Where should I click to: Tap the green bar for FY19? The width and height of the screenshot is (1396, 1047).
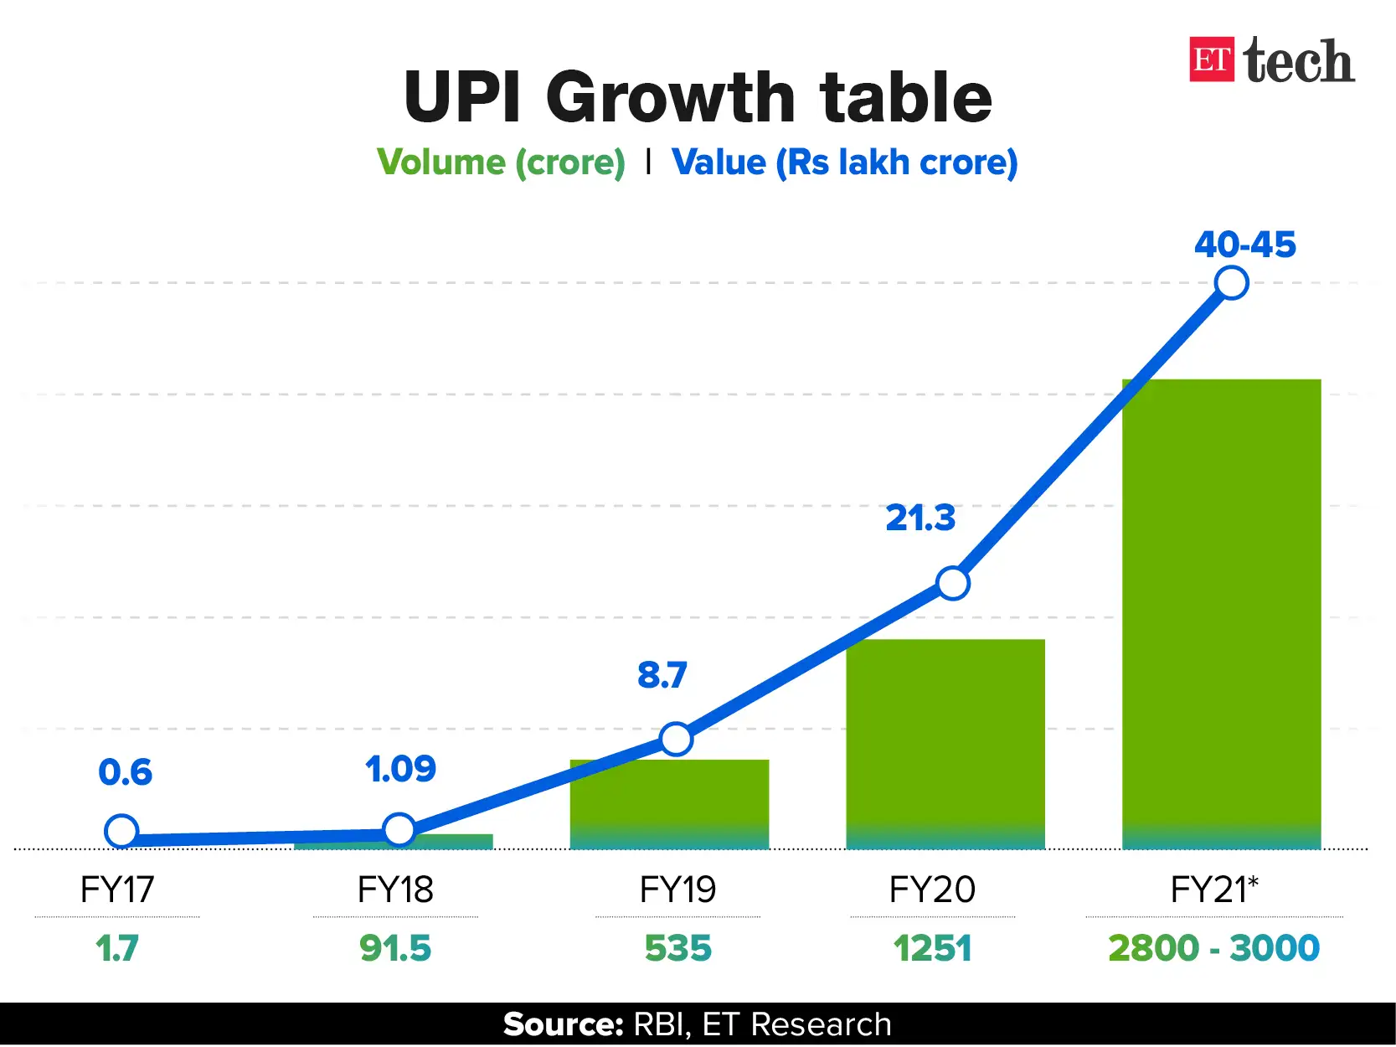tap(669, 804)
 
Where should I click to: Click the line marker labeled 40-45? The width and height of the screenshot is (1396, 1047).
tap(1232, 282)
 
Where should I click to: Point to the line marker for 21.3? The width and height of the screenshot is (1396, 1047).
tap(953, 583)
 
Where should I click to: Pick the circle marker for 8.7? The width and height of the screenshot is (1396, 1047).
tap(676, 739)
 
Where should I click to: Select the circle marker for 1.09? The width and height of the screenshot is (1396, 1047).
tap(399, 829)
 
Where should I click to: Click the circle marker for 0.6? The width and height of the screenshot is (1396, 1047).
tap(121, 832)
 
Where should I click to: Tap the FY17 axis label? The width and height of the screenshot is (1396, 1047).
tap(117, 890)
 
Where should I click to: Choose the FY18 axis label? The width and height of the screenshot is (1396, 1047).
tap(395, 890)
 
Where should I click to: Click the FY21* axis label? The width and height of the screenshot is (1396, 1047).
tap(1214, 890)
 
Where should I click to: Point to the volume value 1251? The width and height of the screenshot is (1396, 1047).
tap(932, 949)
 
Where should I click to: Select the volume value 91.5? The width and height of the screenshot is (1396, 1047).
tap(395, 949)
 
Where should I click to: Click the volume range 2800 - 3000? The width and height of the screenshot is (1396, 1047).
tap(1213, 949)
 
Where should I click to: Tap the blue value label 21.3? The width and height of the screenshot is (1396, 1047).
tap(920, 518)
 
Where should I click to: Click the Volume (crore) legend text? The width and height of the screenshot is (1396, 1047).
tap(501, 162)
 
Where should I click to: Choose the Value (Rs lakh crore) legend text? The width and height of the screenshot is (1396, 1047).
tap(844, 162)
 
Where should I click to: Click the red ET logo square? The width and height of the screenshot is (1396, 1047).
tap(1212, 59)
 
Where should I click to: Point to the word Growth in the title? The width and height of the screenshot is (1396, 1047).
tap(670, 97)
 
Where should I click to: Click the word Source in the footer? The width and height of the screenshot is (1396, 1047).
tap(563, 1024)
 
